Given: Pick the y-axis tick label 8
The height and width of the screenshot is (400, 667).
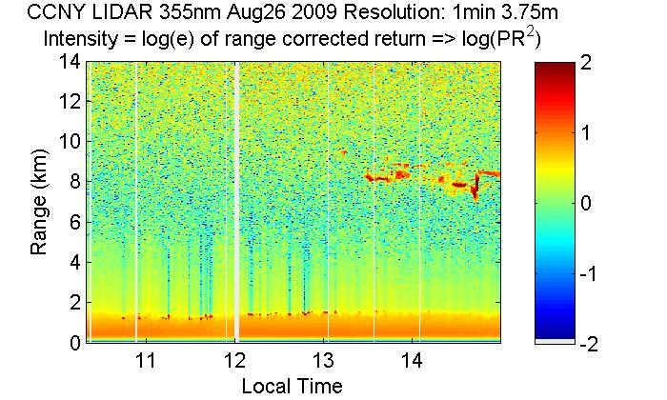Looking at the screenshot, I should click(x=73, y=181).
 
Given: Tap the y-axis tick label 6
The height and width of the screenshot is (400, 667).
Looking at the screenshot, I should click(x=73, y=222).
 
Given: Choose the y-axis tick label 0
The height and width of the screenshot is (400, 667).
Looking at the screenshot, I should click(x=73, y=342).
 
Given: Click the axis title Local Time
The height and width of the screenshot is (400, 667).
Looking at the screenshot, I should click(x=292, y=386).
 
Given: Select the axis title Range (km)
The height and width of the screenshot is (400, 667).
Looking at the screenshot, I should click(x=39, y=203).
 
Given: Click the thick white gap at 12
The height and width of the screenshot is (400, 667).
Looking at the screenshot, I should click(x=235, y=200).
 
